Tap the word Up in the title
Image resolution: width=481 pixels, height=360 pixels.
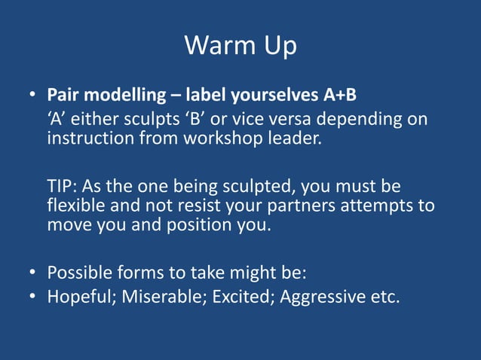point(277,47)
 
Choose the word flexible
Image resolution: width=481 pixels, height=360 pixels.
point(77,206)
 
